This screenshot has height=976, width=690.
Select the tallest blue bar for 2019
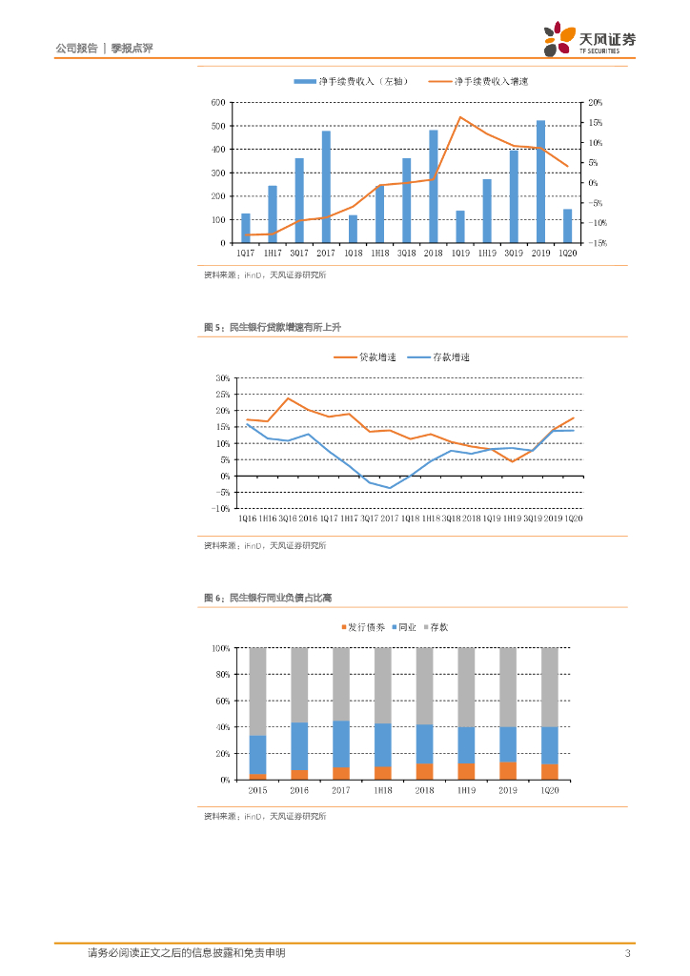click(x=540, y=181)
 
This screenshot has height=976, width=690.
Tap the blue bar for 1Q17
click(x=246, y=228)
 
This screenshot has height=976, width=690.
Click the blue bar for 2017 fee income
click(x=326, y=187)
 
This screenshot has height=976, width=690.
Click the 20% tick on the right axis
click(x=596, y=102)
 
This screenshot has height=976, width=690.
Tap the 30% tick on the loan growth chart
click(x=223, y=378)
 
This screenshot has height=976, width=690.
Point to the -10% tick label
click(x=221, y=508)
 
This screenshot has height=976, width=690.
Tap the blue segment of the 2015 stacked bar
click(x=257, y=754)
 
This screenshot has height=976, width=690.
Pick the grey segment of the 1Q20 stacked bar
click(x=550, y=687)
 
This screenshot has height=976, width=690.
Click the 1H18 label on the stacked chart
click(x=382, y=791)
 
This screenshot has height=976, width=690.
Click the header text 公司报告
click(x=77, y=47)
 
